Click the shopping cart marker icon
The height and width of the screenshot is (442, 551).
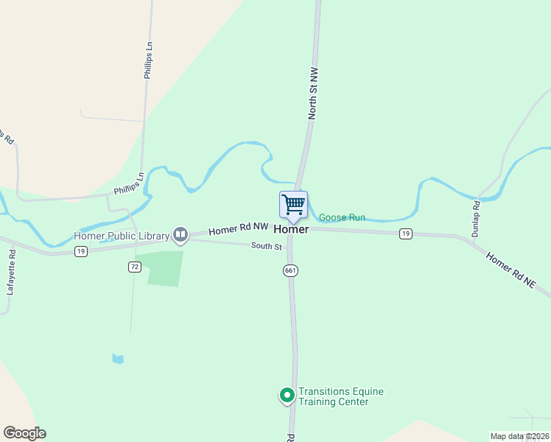point(293,205)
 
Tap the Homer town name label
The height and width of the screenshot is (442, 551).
point(291,229)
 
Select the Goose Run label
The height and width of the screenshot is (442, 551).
point(342,218)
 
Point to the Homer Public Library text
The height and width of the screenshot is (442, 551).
point(122,236)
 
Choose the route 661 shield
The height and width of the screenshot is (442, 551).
point(290,271)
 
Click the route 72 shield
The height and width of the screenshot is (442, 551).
point(133,267)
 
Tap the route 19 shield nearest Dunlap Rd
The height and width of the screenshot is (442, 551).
point(405,234)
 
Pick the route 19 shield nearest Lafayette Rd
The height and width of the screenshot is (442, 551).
point(81,251)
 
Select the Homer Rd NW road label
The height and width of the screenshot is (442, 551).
point(238,230)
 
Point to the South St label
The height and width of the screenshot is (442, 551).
point(266,246)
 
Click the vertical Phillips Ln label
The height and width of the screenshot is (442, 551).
point(148,60)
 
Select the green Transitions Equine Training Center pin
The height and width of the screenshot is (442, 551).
point(286,396)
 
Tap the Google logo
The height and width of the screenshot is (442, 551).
point(24,433)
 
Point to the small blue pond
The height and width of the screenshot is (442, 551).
point(118,359)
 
